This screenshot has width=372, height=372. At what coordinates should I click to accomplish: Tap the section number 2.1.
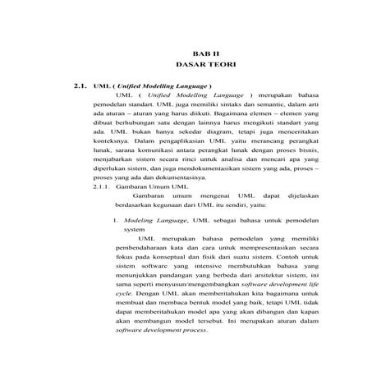[x=80, y=85]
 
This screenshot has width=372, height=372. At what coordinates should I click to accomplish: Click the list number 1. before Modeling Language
[x=114, y=221]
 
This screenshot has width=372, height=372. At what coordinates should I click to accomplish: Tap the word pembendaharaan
[x=154, y=255]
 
